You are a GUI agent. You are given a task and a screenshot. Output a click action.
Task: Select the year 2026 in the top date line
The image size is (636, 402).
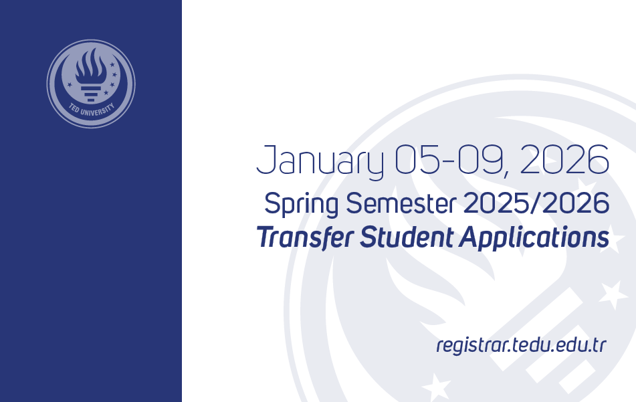[x=564, y=159]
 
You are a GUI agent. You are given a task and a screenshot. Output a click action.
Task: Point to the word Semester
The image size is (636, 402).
[x=401, y=203]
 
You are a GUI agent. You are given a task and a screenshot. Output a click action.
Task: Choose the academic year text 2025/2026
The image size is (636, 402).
[x=536, y=203]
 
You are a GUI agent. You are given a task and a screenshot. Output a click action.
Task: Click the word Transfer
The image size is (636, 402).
[x=306, y=237]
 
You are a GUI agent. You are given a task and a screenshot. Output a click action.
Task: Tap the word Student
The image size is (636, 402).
[x=407, y=237]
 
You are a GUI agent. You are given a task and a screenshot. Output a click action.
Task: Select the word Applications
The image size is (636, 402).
[x=534, y=238]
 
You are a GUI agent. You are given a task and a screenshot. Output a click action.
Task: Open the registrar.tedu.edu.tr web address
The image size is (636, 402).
[x=521, y=346]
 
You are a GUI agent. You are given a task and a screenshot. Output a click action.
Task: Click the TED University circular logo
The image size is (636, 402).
[x=91, y=84]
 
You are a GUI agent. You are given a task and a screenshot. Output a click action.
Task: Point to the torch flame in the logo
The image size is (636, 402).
[x=91, y=65]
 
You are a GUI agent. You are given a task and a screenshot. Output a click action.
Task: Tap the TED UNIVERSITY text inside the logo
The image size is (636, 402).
[x=91, y=110]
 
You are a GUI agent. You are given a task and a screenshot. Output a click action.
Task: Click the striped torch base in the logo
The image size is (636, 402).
[x=91, y=93]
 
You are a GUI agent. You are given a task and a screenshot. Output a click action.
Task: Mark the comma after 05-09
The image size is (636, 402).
[x=505, y=173]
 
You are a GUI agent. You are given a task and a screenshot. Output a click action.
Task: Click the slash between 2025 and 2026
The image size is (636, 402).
[x=536, y=203]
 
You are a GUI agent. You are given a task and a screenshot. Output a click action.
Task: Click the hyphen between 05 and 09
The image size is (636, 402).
[x=449, y=163]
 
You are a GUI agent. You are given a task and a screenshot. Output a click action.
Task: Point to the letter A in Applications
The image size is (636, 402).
[x=469, y=237]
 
